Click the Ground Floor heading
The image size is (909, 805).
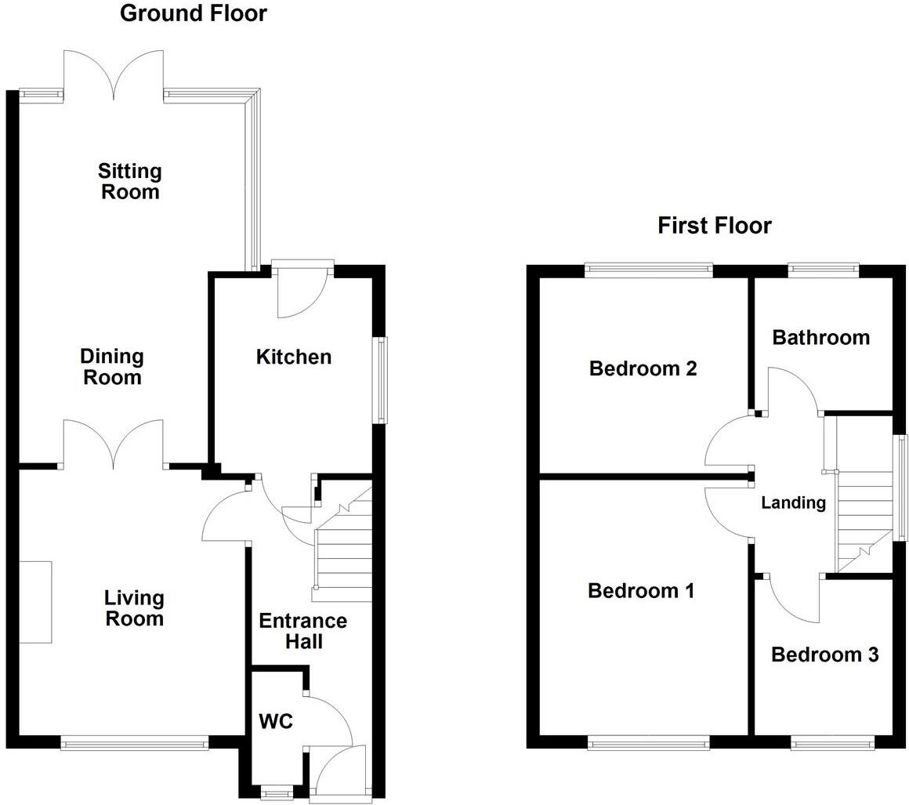[x=193, y=13]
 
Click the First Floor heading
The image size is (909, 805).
[x=714, y=226]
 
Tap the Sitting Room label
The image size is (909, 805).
[x=130, y=181]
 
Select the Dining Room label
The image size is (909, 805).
[x=112, y=367]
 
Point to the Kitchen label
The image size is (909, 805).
[x=294, y=357]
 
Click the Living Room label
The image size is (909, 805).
[x=134, y=608]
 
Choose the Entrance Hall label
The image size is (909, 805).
[x=302, y=631]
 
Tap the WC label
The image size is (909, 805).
[x=276, y=721]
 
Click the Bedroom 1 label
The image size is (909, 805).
[x=641, y=590]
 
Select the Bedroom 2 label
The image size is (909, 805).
[x=643, y=368]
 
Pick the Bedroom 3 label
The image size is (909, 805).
[x=824, y=655]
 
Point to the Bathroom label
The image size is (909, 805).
[x=820, y=338]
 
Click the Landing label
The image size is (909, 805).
[x=793, y=503]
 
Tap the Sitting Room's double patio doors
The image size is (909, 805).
[x=114, y=74]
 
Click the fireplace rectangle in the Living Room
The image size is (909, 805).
[x=35, y=602]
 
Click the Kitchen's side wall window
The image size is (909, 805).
[x=380, y=380]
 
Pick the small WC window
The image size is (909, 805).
[x=276, y=794]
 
